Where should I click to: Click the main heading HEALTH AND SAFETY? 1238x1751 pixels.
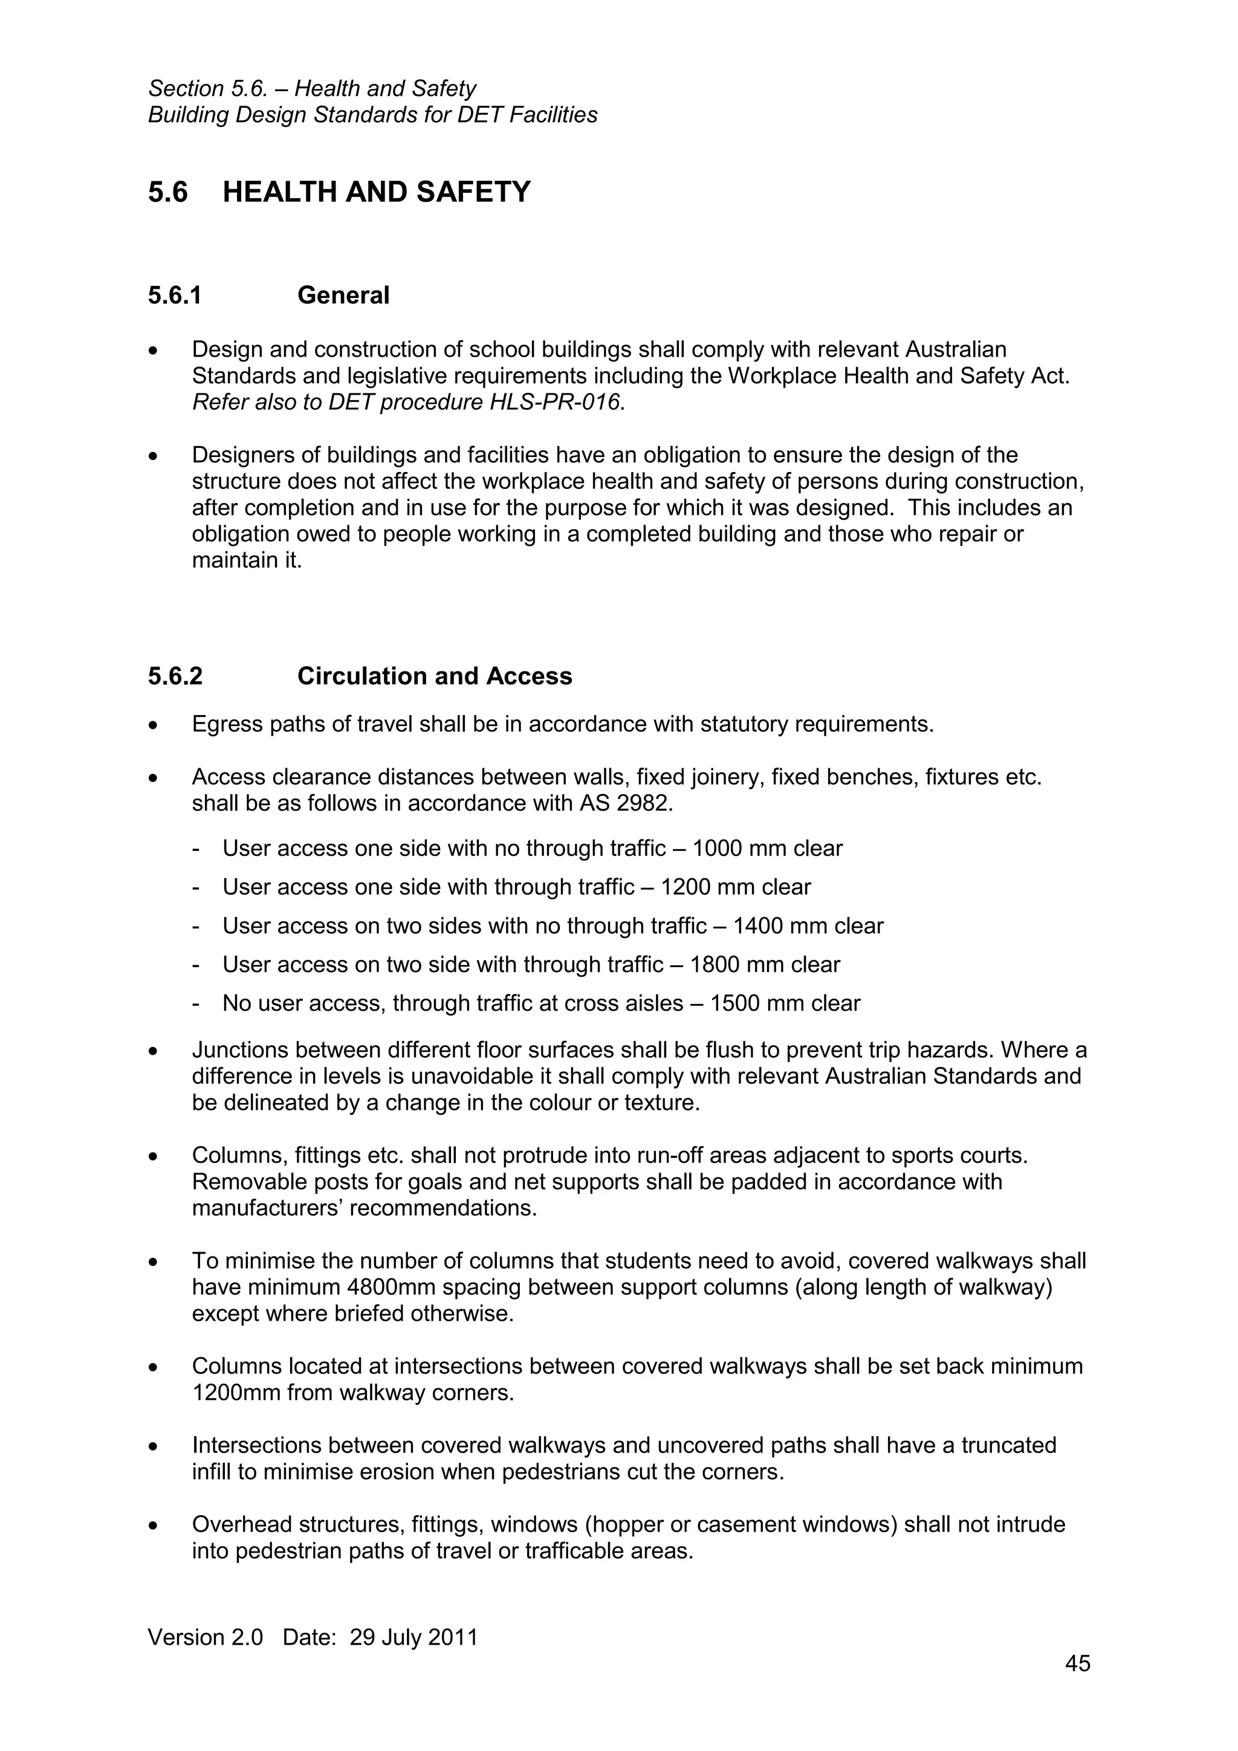point(376,192)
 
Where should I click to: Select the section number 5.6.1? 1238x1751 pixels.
point(175,295)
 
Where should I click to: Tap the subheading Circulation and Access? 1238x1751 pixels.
point(434,676)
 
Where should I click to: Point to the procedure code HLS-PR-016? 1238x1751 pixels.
point(554,402)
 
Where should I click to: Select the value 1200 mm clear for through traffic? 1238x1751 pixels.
point(735,887)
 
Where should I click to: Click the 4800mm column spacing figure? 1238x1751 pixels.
point(391,1287)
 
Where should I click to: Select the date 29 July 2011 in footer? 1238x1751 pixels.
point(413,1637)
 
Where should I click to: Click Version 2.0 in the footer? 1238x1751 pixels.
point(205,1637)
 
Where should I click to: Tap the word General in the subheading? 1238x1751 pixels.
point(343,295)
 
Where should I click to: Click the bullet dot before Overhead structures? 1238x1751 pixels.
point(154,1526)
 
